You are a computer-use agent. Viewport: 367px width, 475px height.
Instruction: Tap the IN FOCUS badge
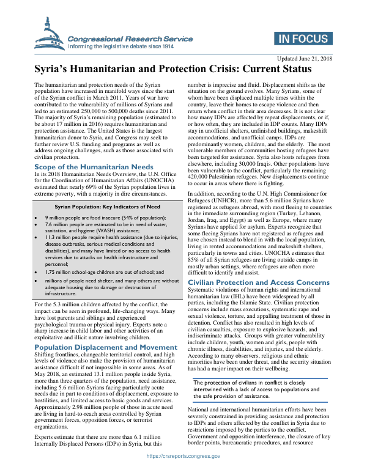(x=304, y=40)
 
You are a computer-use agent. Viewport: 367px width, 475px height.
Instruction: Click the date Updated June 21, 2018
(x=305, y=59)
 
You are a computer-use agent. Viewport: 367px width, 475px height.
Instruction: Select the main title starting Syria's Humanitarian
(x=174, y=70)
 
